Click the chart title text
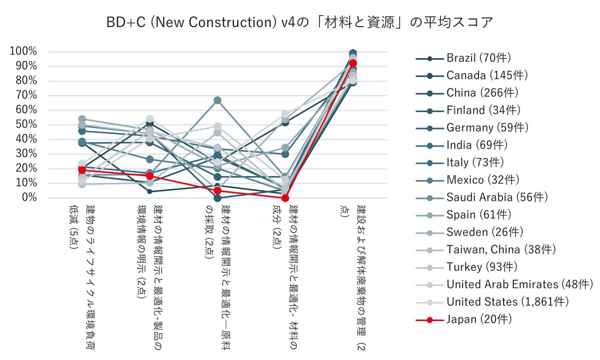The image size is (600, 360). (300, 22)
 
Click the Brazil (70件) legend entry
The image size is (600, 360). (479, 58)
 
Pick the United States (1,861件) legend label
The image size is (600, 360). (507, 301)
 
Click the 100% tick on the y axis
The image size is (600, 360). (23, 51)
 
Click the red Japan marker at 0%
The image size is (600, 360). (285, 198)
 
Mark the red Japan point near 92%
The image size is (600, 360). (353, 63)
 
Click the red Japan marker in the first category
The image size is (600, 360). (82, 170)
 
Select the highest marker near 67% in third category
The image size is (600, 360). (217, 100)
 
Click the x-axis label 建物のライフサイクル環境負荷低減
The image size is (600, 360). (82, 277)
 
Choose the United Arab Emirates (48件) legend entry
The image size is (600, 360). (519, 284)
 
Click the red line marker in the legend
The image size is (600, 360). (429, 320)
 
